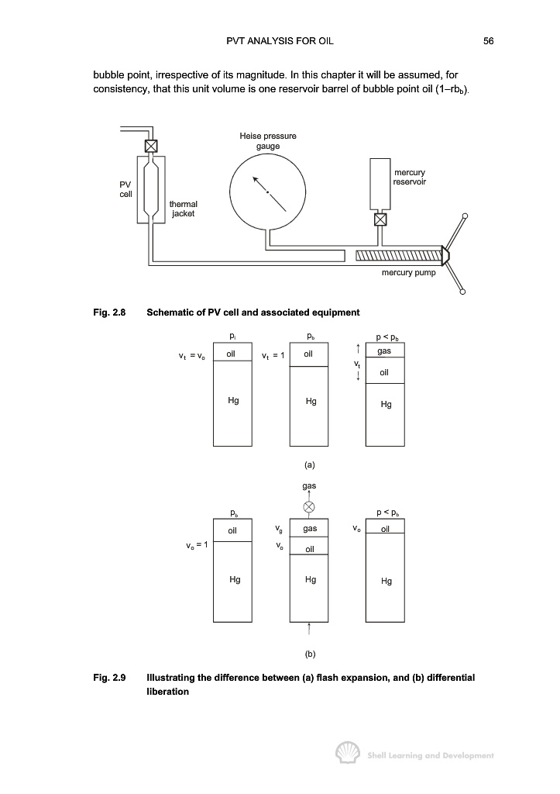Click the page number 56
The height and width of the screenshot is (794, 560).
click(488, 41)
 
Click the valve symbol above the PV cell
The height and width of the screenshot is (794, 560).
click(151, 146)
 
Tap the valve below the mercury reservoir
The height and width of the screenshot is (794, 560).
click(380, 219)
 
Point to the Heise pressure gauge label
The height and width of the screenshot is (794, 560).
click(267, 141)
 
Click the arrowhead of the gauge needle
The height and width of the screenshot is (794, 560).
click(256, 179)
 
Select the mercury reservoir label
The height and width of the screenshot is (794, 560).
click(409, 178)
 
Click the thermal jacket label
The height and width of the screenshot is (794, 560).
click(183, 209)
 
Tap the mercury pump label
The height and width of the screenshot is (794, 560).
click(408, 272)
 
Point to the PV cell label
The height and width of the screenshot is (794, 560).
click(125, 189)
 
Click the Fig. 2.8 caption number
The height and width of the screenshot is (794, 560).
click(109, 312)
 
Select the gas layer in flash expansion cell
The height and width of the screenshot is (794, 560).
click(385, 350)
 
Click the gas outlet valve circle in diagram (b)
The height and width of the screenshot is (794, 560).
click(308, 507)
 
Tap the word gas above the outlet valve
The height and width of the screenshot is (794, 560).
click(309, 486)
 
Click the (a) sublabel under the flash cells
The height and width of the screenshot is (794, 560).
click(310, 465)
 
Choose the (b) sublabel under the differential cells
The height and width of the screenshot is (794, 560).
click(310, 654)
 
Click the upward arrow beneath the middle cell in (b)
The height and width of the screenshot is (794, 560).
click(308, 629)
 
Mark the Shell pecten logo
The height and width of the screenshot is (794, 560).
click(348, 753)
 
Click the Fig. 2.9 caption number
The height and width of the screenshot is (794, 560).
click(109, 678)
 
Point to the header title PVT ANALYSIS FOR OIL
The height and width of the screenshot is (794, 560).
click(280, 41)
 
